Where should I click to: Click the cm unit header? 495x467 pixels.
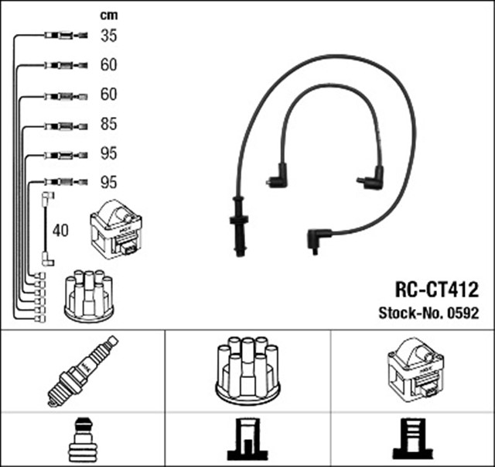pos(109,15)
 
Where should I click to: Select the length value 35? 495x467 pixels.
pos(109,35)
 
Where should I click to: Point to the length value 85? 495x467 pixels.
pos(109,124)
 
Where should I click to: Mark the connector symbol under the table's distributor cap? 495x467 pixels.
pos(247,439)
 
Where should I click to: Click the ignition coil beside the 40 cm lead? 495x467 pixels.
pos(117,229)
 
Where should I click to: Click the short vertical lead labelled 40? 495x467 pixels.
pos(46,230)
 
